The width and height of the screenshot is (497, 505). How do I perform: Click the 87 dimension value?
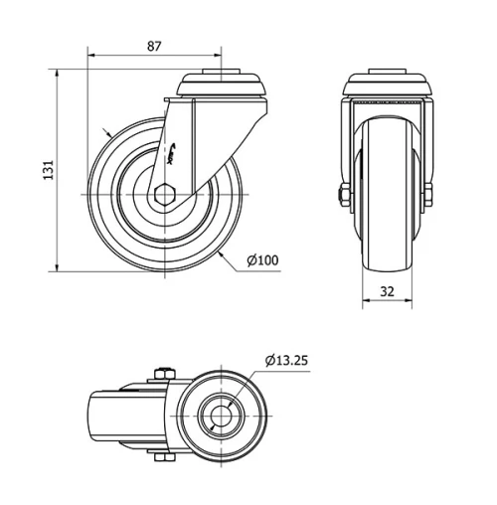[x=154, y=46]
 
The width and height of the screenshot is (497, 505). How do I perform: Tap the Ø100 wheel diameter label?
[x=262, y=260]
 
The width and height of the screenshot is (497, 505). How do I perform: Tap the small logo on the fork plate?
[x=175, y=150]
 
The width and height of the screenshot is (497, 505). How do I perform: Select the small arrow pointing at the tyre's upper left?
[x=109, y=133]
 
